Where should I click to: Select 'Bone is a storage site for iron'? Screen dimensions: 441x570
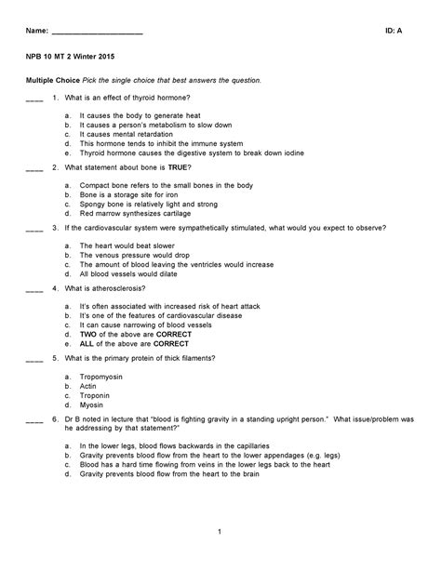tap(128, 194)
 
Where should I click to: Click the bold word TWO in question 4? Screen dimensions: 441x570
tap(88, 333)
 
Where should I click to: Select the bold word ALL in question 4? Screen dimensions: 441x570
tap(87, 342)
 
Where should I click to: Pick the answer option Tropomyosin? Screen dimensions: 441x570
tap(100, 375)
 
